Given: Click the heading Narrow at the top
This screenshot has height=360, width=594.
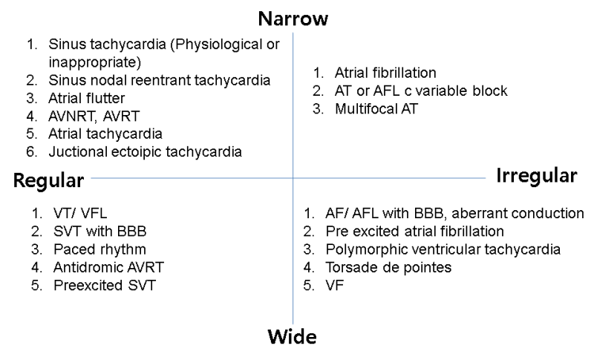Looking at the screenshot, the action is coord(293,19).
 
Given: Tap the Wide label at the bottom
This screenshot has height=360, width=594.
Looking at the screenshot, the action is coord(292,336).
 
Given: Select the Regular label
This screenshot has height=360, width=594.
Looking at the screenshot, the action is coord(48,180).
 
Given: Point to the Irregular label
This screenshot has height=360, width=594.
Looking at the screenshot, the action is coord(537,176).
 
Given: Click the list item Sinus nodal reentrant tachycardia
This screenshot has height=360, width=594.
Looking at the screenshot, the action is coord(160,80).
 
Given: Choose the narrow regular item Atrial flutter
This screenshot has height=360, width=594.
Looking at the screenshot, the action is coord(86,99).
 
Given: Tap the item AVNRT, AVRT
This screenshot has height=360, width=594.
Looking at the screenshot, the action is coord(94,117).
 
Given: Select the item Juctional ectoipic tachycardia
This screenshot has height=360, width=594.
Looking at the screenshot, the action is coord(145,152).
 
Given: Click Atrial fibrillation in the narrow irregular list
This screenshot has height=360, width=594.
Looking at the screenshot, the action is coord(385,73).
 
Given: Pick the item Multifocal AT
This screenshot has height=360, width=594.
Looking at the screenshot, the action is coord(376,109).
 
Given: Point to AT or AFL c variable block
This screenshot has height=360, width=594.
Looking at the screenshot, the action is coord(421,91).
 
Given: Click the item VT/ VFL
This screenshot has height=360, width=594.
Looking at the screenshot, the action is coord(80,213).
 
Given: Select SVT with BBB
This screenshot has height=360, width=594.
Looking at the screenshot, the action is coord(100,232).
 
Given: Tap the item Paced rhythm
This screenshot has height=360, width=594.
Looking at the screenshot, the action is coord(99,249).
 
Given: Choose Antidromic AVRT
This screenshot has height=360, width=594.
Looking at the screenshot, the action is coord(108,267).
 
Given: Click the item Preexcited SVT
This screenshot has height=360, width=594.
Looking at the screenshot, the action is coord(105,286).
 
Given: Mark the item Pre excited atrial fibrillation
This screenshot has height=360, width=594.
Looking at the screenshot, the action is coord(415,232).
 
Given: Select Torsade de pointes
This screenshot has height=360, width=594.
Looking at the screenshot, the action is coord(388,267).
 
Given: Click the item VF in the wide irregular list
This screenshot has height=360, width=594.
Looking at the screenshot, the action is coord(335,286).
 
